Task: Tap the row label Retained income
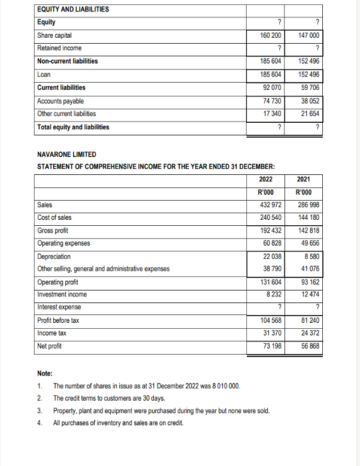(59, 48)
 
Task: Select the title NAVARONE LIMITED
(66, 154)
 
